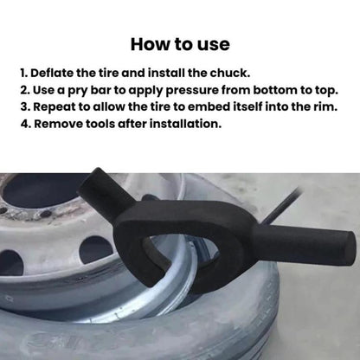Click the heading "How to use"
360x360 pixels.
[180, 44]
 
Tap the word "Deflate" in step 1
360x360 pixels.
[52, 73]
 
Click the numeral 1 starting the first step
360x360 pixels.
[22, 73]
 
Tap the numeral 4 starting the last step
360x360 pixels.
[24, 124]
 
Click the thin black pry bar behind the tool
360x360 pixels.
[281, 205]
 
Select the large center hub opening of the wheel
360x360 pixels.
[41, 190]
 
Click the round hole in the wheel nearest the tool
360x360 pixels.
[97, 249]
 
